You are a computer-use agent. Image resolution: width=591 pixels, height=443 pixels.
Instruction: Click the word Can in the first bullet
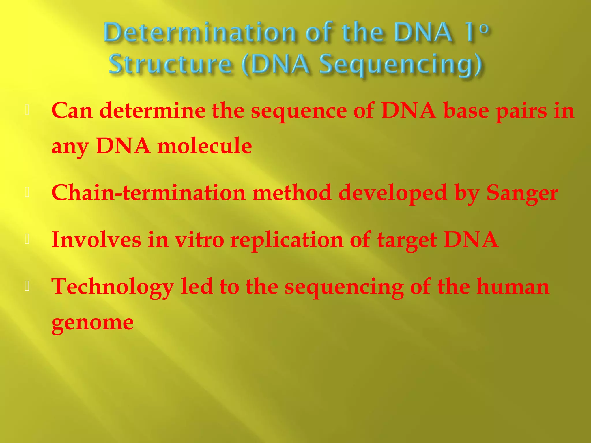(72, 110)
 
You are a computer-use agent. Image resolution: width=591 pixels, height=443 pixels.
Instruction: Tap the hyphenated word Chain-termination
(148, 193)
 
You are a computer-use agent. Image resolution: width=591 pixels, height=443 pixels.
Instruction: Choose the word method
(292, 193)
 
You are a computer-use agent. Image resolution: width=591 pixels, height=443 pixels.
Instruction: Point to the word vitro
(200, 240)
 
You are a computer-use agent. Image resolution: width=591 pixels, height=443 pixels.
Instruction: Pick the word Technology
(113, 287)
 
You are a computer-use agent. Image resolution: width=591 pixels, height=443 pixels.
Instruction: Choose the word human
(513, 287)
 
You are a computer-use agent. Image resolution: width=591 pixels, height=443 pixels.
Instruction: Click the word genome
(92, 322)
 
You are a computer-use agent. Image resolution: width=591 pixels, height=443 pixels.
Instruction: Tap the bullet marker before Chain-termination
(27, 192)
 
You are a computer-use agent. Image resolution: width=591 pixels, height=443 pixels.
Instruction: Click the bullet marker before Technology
(27, 286)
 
